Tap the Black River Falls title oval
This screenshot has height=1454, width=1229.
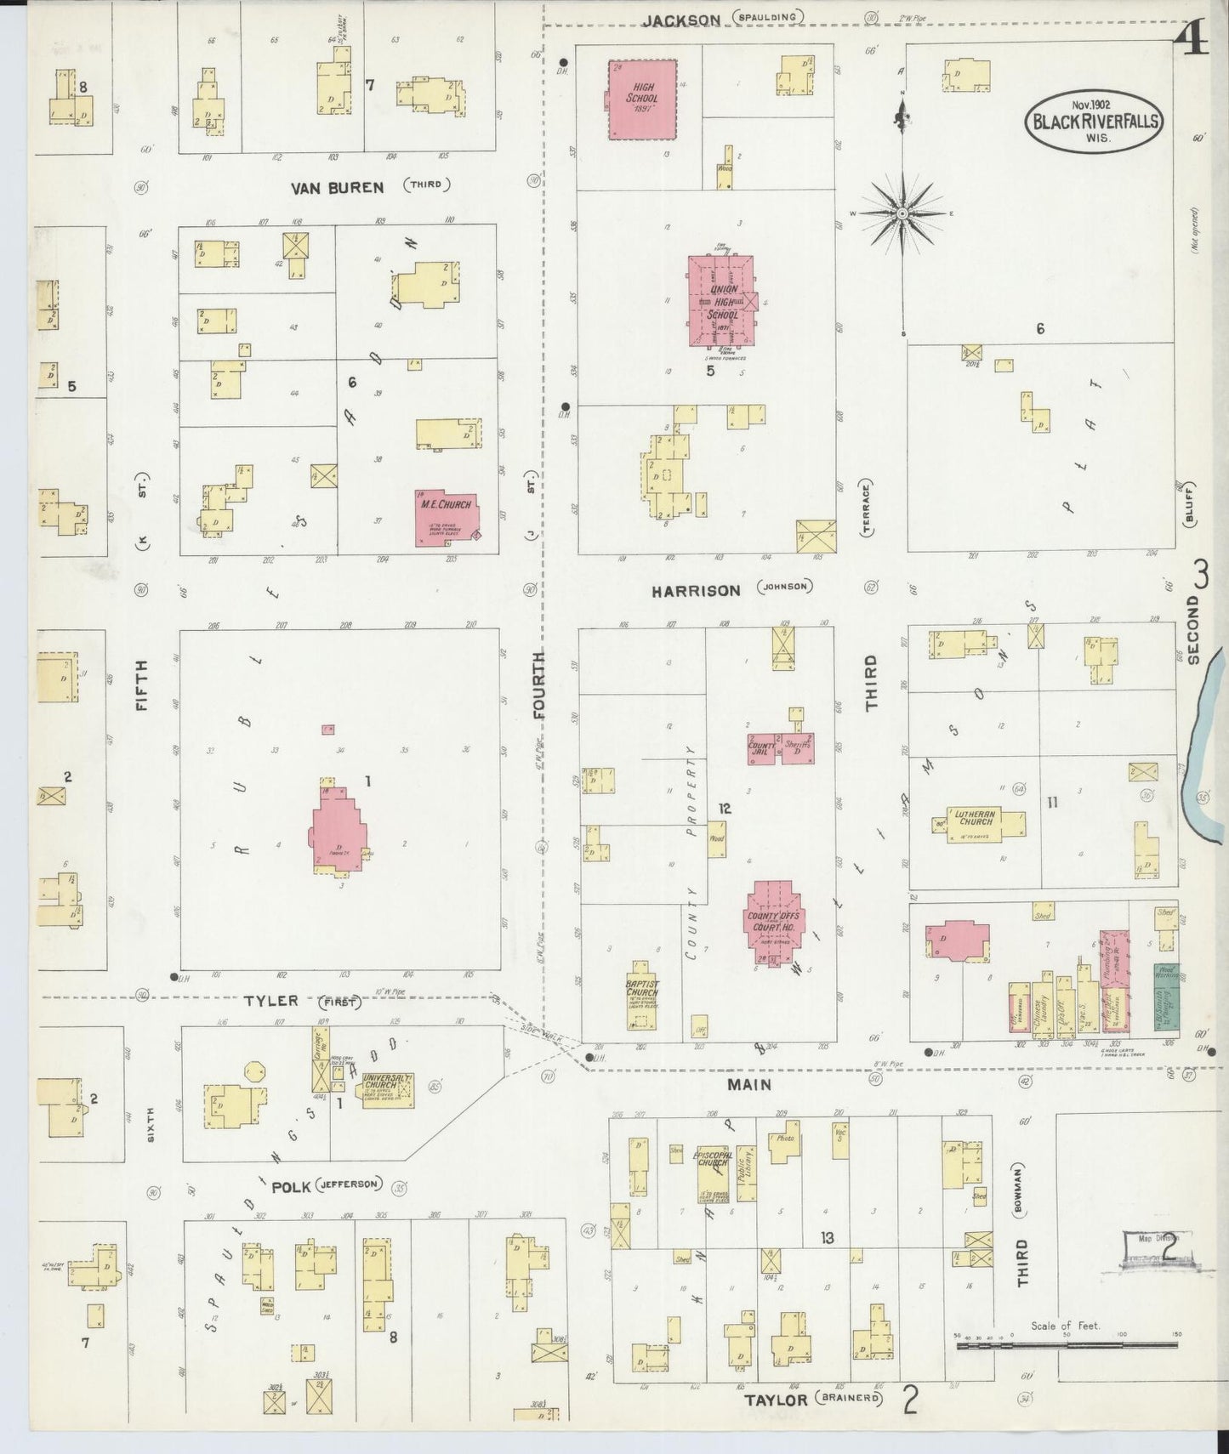pos(1094,121)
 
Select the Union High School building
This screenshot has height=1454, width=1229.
pos(720,301)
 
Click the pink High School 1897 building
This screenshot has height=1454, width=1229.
pos(643,99)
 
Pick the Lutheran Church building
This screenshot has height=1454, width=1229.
pos(979,824)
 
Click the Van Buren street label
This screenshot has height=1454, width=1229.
pos(338,187)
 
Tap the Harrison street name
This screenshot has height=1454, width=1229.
pos(697,589)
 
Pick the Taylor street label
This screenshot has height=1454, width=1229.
pos(775,1399)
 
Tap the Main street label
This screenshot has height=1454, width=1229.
pos(750,1084)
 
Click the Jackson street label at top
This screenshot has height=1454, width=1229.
pos(681,19)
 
